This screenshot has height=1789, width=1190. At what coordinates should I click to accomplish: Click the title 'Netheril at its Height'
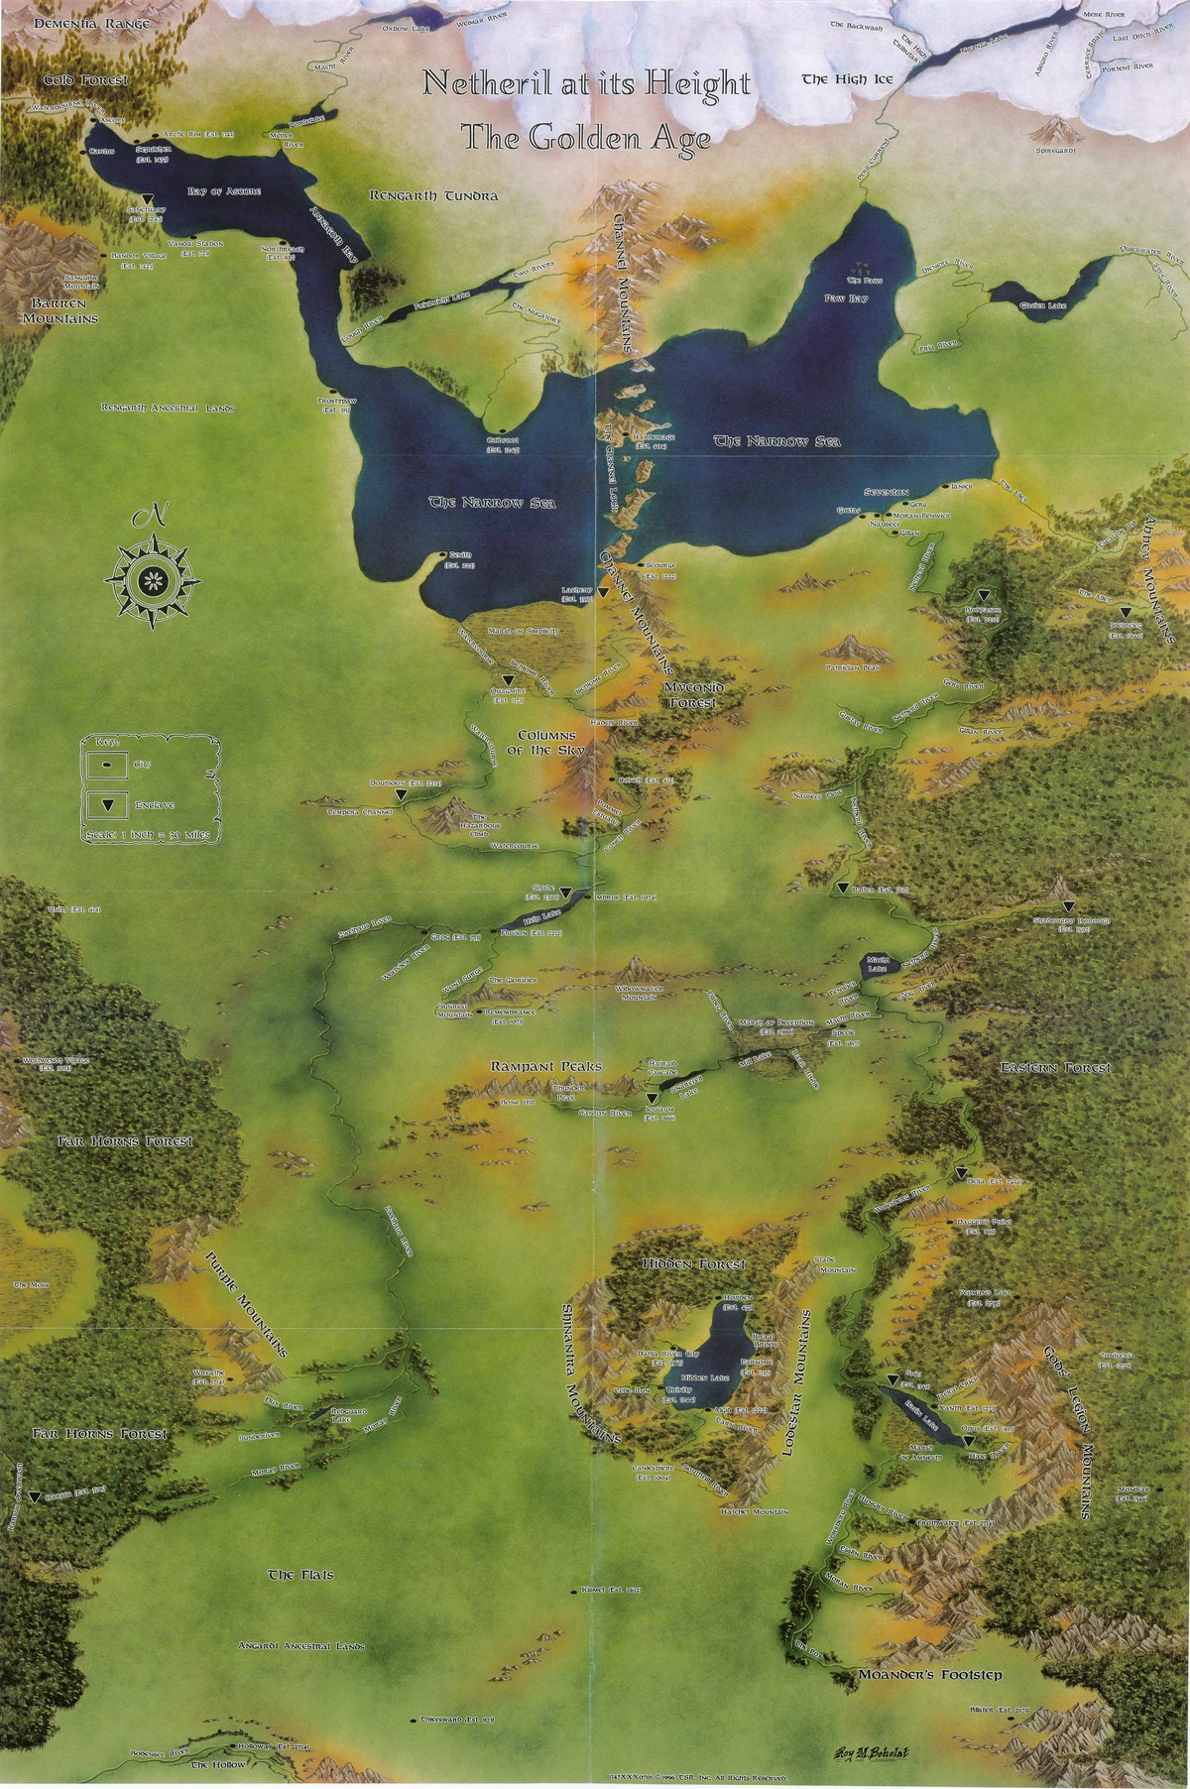(x=586, y=84)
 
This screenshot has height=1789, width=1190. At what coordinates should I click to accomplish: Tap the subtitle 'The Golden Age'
(x=586, y=138)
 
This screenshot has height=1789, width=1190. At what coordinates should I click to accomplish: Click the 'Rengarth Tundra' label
(x=433, y=196)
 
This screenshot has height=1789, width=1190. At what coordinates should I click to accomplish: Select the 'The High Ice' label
(x=834, y=79)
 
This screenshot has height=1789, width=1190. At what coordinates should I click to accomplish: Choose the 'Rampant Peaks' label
(x=546, y=1066)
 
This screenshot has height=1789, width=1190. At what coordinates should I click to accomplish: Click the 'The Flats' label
(x=301, y=1575)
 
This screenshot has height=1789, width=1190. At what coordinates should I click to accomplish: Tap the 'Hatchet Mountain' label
(x=755, y=1511)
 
